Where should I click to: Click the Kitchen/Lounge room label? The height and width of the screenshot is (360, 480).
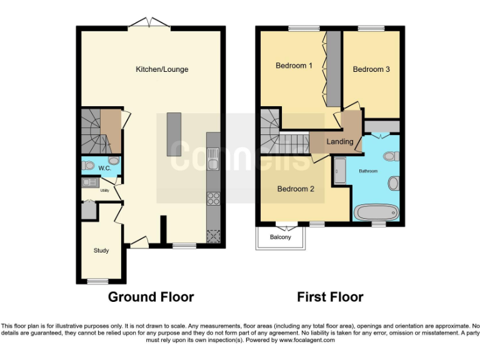[x=162, y=69]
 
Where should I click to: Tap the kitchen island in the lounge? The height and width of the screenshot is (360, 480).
[x=174, y=134]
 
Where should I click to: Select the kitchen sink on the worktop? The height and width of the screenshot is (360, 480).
[x=213, y=164]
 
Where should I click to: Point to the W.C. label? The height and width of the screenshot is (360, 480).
[x=104, y=167]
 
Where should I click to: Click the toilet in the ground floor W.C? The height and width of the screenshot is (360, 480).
[x=88, y=166]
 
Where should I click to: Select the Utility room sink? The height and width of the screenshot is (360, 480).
[x=89, y=182]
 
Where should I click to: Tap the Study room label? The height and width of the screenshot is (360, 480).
[x=101, y=251]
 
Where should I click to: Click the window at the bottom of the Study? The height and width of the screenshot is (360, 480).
[x=97, y=282]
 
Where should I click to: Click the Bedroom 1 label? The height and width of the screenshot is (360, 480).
[x=294, y=66]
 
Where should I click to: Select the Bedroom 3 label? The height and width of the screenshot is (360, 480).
[x=371, y=69]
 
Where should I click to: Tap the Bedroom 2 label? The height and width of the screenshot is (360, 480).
[x=296, y=189]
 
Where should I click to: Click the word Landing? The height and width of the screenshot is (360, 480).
[x=339, y=142]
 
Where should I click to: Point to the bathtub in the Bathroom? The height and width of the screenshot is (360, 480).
[x=375, y=212]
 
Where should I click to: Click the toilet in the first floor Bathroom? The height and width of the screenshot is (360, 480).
[x=391, y=156]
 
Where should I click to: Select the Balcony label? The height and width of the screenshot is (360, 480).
[x=280, y=237]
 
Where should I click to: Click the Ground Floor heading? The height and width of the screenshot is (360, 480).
[x=151, y=297]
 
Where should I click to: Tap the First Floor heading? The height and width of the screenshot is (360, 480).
[x=329, y=297]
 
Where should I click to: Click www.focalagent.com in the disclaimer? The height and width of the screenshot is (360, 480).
[x=306, y=341]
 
